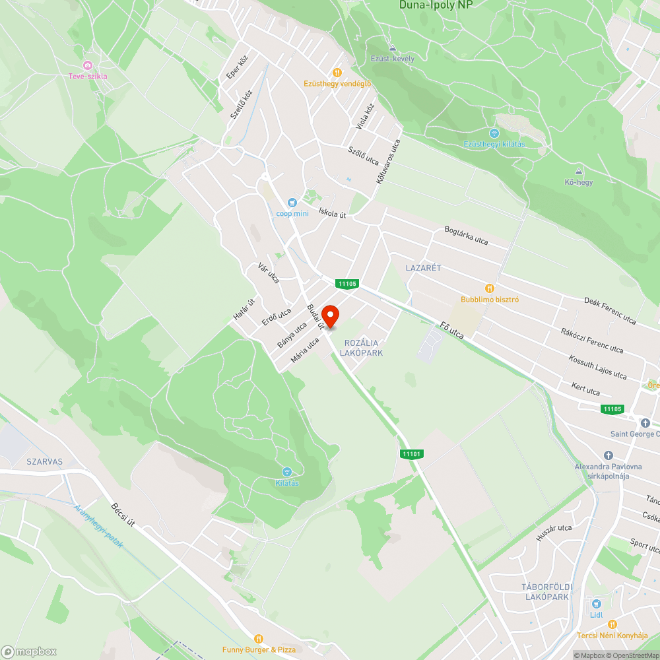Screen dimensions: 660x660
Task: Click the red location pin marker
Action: pyautogui.click(x=330, y=315)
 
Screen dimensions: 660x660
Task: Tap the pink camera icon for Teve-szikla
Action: pyautogui.click(x=88, y=65)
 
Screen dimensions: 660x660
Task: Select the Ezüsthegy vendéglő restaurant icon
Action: pyautogui.click(x=337, y=73)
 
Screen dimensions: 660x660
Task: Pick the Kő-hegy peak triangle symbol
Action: pyautogui.click(x=578, y=172)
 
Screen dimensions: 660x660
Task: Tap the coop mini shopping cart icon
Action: pyautogui.click(x=292, y=203)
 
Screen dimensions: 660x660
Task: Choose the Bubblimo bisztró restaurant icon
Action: pyautogui.click(x=489, y=288)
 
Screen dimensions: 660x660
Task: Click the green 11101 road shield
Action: pyautogui.click(x=411, y=454)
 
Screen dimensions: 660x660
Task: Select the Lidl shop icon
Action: pyautogui.click(x=597, y=604)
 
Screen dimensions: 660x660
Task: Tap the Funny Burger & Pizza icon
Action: pyautogui.click(x=259, y=639)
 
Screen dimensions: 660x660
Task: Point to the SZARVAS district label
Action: pyautogui.click(x=46, y=462)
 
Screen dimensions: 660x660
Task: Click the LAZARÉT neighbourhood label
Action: pyautogui.click(x=423, y=268)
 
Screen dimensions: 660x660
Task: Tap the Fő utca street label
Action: pyautogui.click(x=451, y=331)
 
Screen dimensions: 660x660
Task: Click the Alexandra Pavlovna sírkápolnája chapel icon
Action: pyautogui.click(x=609, y=455)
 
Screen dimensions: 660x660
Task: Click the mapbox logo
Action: pyautogui.click(x=29, y=651)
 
